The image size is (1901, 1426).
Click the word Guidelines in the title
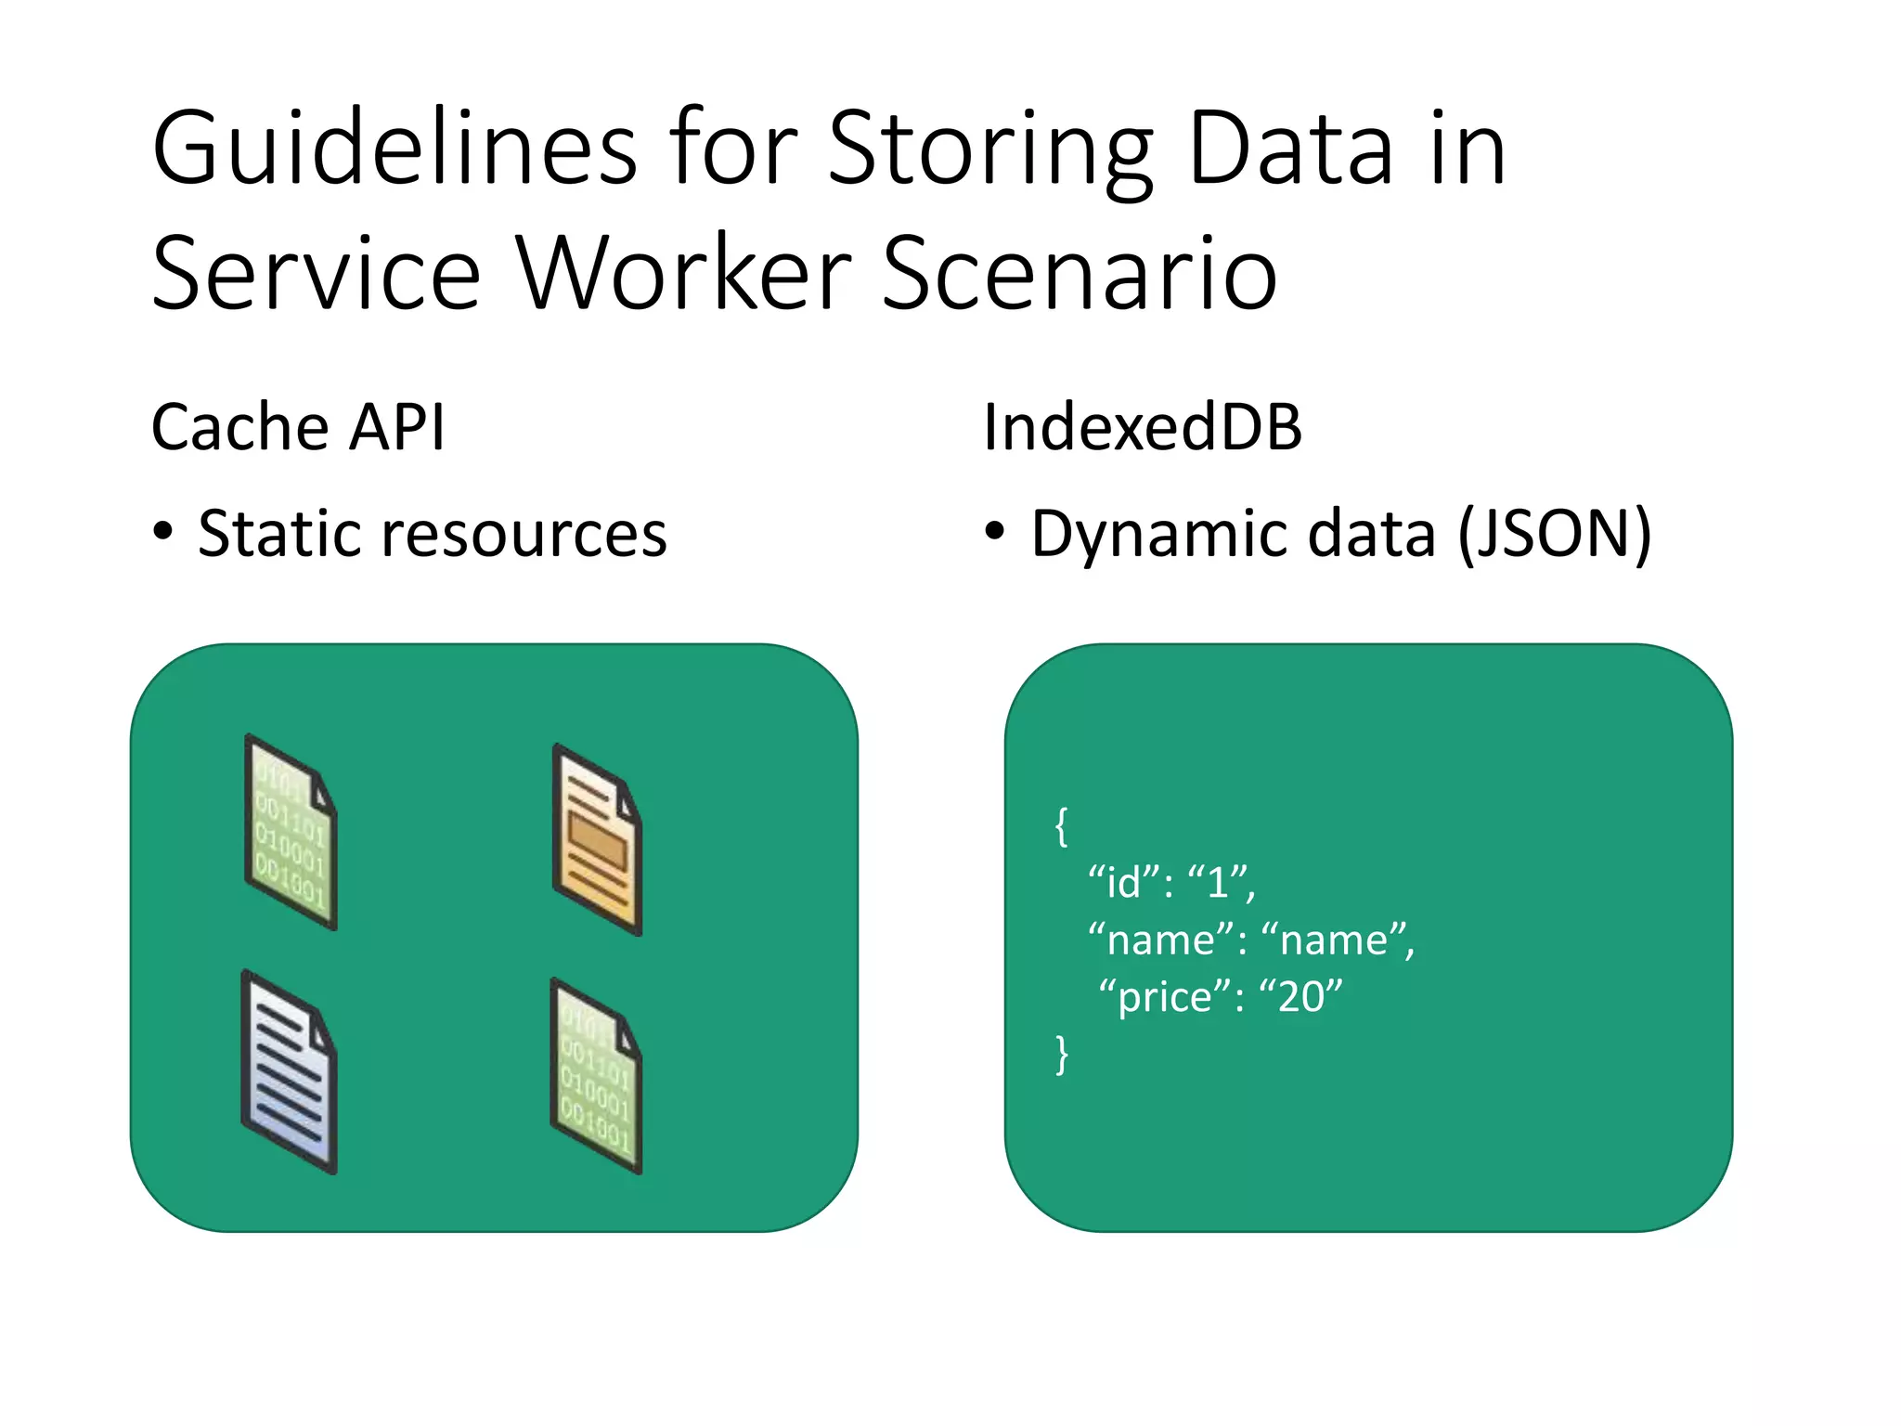coord(394,149)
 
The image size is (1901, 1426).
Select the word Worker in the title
coord(684,274)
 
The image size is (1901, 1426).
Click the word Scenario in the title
coord(1080,274)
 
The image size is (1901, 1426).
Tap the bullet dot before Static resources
coord(163,532)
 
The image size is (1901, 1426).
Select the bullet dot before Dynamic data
coord(994,532)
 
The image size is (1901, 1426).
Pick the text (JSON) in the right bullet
coord(1555,535)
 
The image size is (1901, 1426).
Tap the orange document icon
coord(597,840)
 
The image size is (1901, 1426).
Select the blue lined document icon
coord(289,1072)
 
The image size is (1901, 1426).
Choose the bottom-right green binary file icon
coord(596,1076)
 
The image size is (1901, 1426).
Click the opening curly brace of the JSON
coord(1062,825)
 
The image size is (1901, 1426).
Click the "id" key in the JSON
coord(1123,882)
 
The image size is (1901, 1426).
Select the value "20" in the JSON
coord(1300,997)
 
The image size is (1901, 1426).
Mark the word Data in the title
coord(1290,149)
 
